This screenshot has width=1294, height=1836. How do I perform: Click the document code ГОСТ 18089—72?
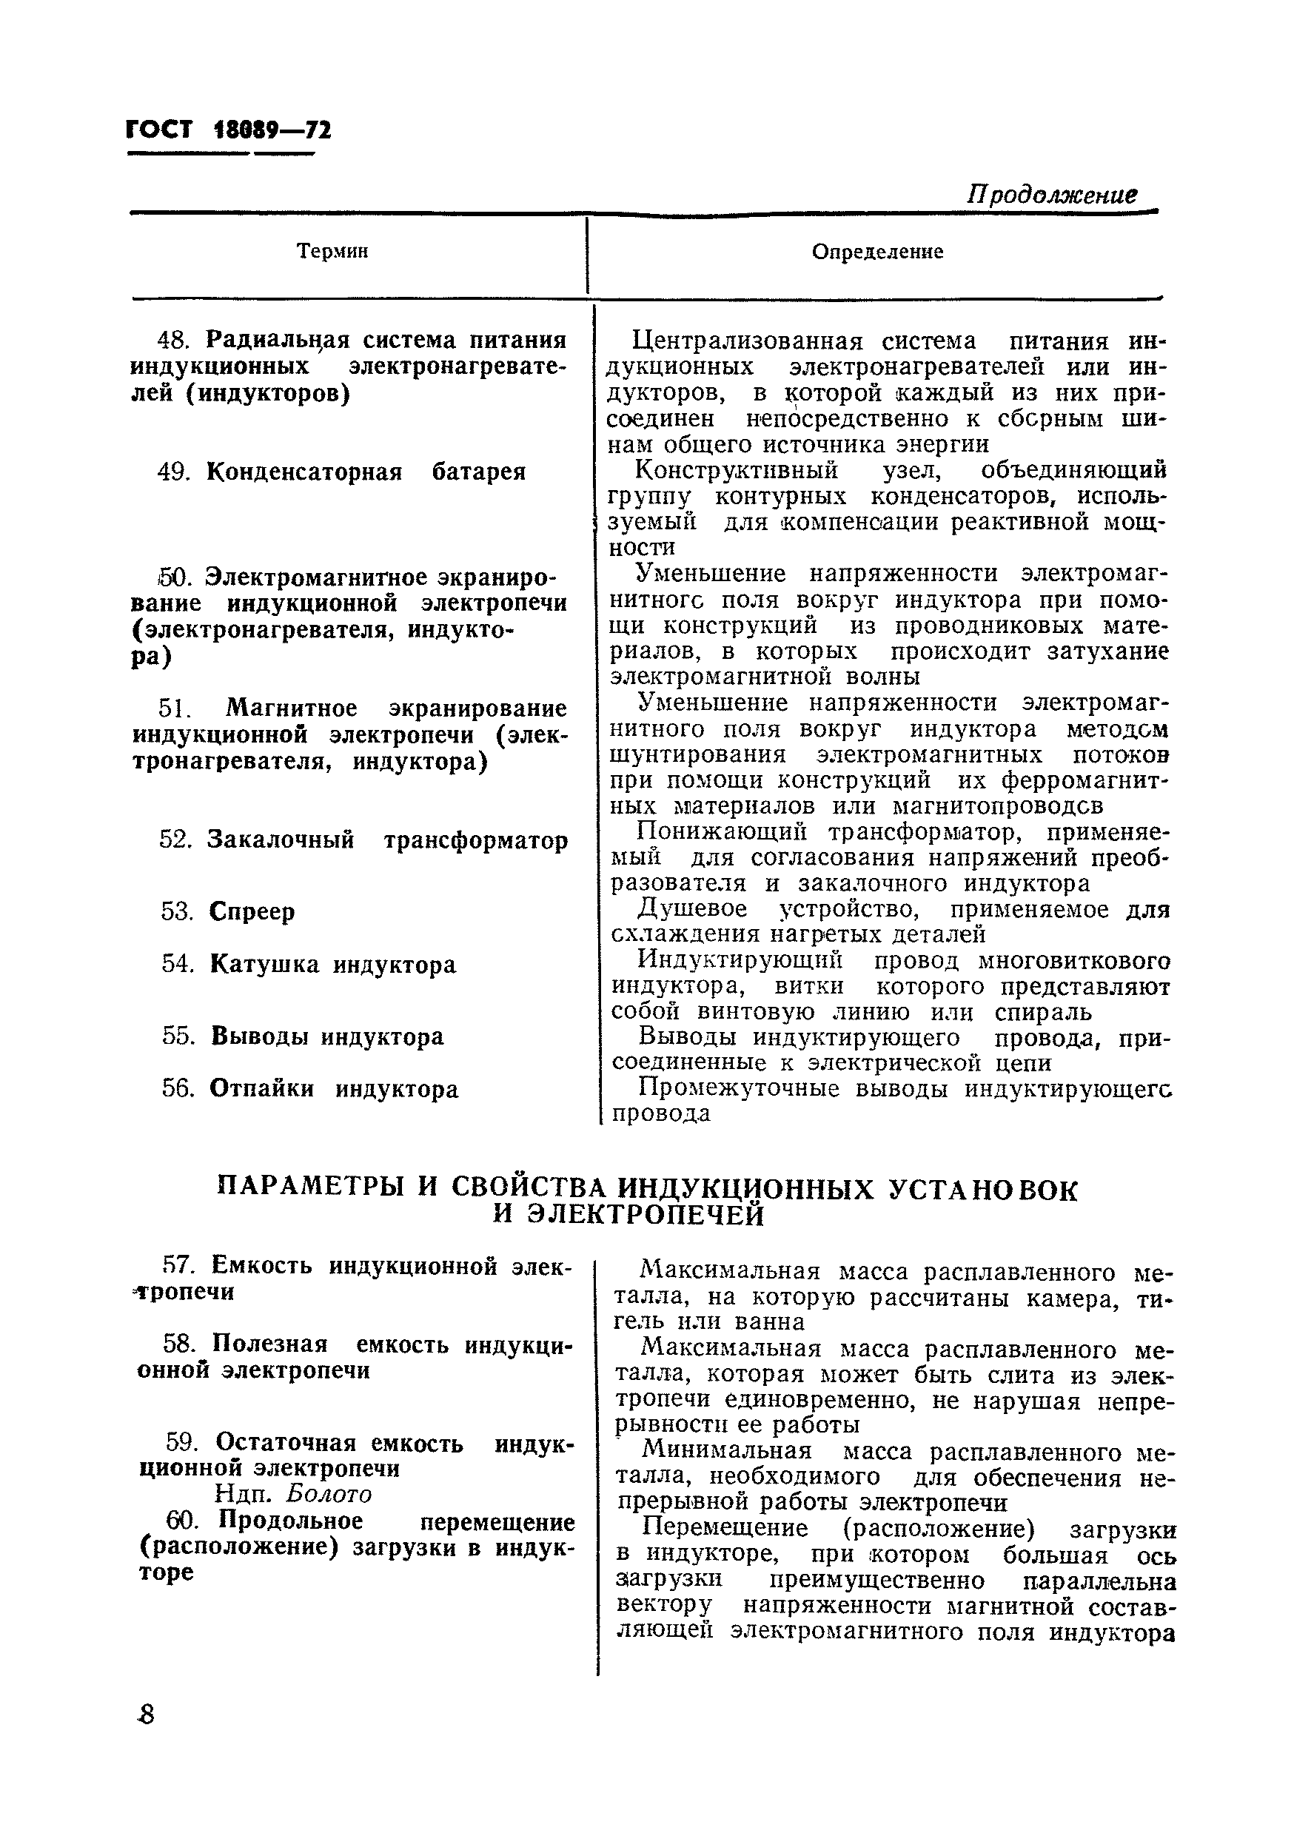point(229,130)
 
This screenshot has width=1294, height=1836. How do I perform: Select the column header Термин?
point(332,251)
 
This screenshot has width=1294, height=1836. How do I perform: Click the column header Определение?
point(877,252)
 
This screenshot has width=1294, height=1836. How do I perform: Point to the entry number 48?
point(172,340)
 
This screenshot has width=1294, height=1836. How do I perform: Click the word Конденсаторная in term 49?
point(304,472)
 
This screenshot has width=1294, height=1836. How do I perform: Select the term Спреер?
point(252,911)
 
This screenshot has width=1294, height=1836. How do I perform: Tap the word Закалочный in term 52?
point(280,840)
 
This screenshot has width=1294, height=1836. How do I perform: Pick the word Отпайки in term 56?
point(261,1088)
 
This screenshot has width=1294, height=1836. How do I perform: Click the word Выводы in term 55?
point(259,1036)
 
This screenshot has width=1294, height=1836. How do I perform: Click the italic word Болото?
point(329,1495)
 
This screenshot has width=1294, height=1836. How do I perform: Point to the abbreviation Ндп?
point(244,1495)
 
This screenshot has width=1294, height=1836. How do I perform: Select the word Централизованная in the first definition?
point(747,341)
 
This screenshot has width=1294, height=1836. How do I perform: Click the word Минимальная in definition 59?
point(726,1450)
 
